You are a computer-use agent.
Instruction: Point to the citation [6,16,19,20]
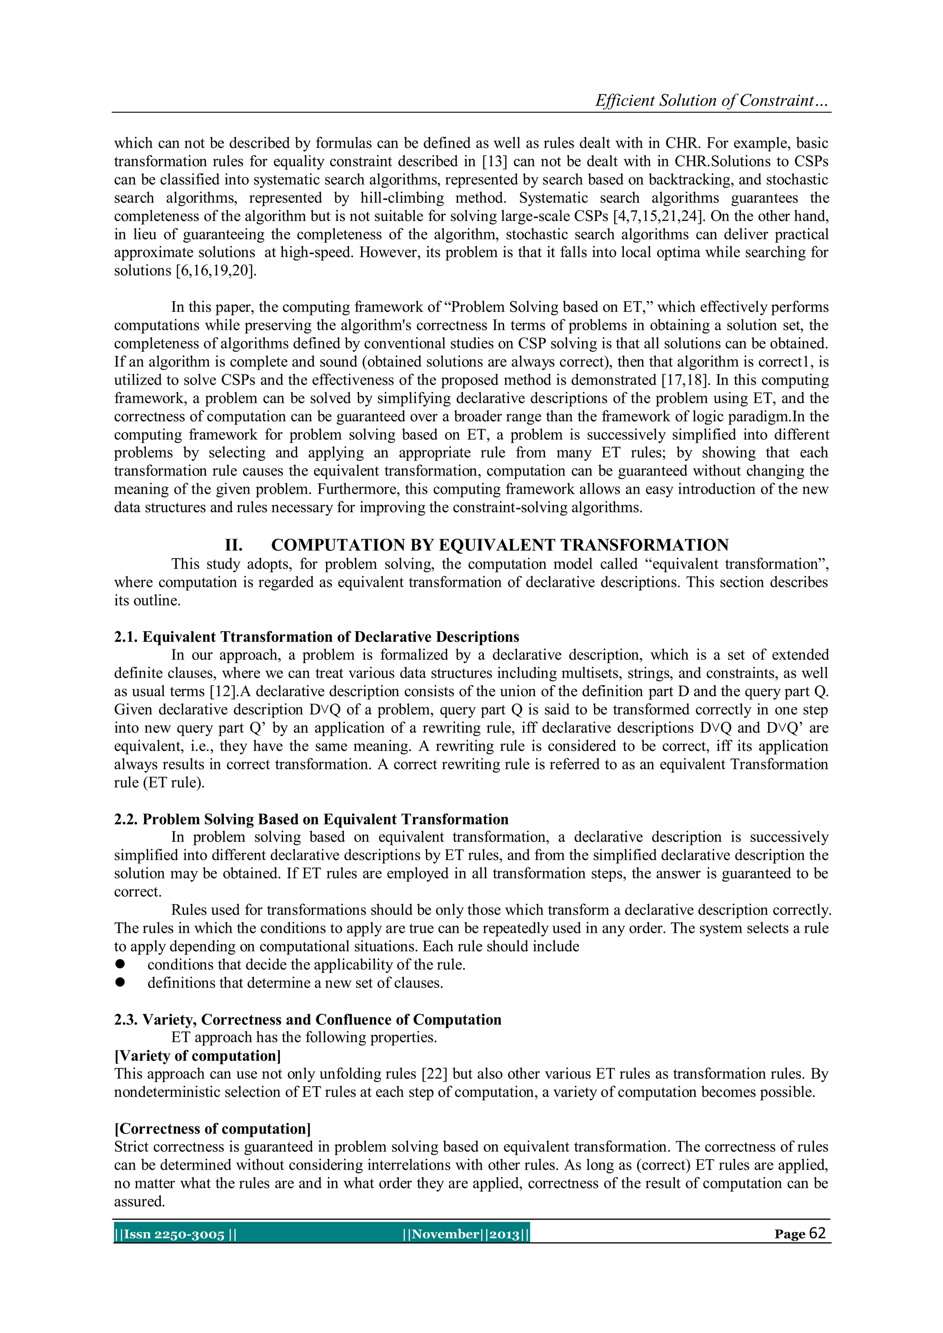click(x=215, y=271)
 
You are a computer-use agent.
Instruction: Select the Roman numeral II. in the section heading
click(x=233, y=545)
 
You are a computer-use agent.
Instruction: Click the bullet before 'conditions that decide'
click(x=120, y=964)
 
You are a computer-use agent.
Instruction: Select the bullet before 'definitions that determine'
click(x=120, y=982)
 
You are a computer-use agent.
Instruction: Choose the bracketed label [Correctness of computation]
click(x=213, y=1129)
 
